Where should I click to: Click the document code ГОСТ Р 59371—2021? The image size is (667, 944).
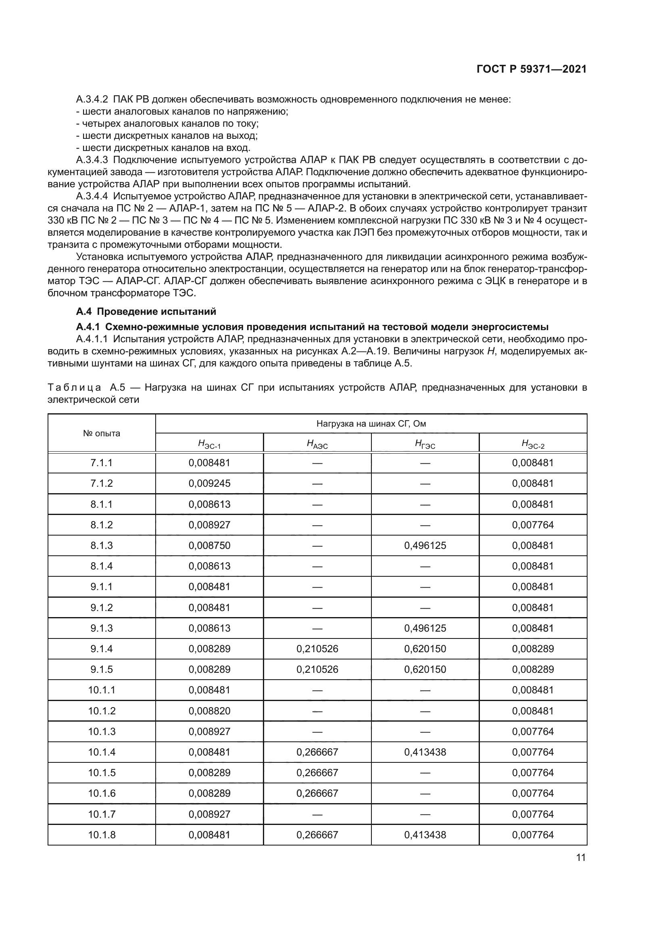[x=532, y=69]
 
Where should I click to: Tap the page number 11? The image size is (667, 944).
[x=581, y=857]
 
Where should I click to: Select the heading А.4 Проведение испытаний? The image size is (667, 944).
[x=146, y=311]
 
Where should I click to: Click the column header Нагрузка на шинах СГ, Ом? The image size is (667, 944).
[x=371, y=423]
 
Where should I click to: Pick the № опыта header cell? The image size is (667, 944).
[x=102, y=433]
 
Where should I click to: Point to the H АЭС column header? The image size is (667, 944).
[x=317, y=444]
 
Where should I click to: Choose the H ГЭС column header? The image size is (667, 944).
[x=425, y=444]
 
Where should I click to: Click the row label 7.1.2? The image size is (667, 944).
[x=102, y=483]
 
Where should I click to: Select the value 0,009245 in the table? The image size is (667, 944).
[x=209, y=483]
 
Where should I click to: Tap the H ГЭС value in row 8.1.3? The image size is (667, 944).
[x=425, y=545]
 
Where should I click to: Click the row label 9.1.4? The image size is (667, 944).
[x=102, y=649]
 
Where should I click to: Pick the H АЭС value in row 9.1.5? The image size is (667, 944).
[x=317, y=669]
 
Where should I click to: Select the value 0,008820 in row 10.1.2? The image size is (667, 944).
[x=209, y=710]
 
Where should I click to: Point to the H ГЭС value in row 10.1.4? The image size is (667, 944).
[x=425, y=751]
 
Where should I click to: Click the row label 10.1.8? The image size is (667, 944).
[x=102, y=834]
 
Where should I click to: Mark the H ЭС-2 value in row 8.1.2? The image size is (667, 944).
[x=533, y=525]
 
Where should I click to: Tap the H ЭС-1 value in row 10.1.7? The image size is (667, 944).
[x=209, y=814]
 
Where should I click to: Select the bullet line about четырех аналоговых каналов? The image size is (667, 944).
[x=167, y=123]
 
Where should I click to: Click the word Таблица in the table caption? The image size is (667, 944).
[x=74, y=387]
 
